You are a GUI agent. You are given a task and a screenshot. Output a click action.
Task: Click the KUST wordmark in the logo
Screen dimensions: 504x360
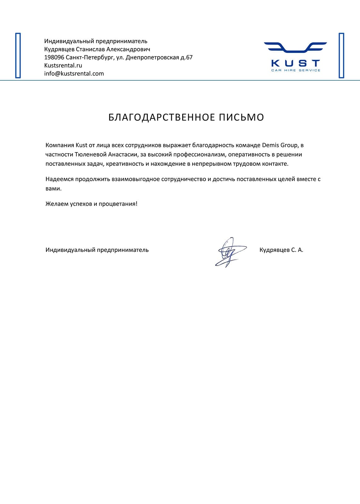coord(295,63)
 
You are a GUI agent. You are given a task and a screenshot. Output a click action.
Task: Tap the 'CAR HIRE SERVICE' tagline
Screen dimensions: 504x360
coord(295,70)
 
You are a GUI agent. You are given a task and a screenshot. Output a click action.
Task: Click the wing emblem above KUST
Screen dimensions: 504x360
coord(295,47)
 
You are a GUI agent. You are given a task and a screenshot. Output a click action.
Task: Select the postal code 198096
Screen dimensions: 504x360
coord(54,57)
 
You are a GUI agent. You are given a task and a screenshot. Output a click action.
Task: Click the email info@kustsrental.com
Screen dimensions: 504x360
coord(74,74)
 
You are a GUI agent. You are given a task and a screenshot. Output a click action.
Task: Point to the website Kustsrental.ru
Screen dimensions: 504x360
coord(63,66)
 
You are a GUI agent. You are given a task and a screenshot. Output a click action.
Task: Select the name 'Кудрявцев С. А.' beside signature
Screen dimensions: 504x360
coord(281,250)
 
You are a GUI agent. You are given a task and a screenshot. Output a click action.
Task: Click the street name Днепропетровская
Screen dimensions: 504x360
coord(152,57)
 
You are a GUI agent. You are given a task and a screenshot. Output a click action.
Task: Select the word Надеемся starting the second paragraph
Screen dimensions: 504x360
coord(60,179)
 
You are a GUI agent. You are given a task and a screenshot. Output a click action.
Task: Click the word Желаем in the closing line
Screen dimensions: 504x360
coord(56,204)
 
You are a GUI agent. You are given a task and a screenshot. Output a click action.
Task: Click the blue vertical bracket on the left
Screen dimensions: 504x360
coord(18,55)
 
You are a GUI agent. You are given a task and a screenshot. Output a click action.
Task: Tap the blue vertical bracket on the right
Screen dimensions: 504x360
coord(341,55)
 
